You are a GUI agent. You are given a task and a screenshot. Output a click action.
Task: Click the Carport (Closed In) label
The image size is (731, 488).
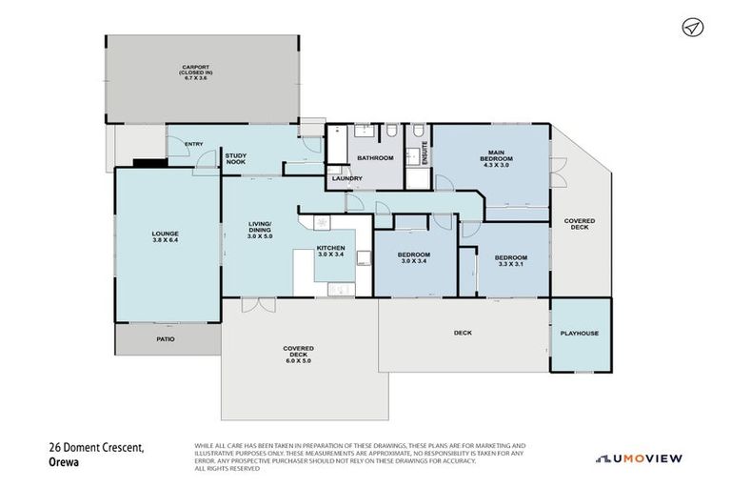195,71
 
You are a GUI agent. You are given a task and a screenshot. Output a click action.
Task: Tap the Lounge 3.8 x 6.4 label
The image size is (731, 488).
165,237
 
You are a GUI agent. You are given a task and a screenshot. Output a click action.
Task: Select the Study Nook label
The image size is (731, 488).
235,158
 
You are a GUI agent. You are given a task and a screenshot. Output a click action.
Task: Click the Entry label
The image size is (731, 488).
193,144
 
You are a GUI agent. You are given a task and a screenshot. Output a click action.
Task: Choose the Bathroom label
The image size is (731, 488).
375,157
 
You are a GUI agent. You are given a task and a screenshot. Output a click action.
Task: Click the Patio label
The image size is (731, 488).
166,336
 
